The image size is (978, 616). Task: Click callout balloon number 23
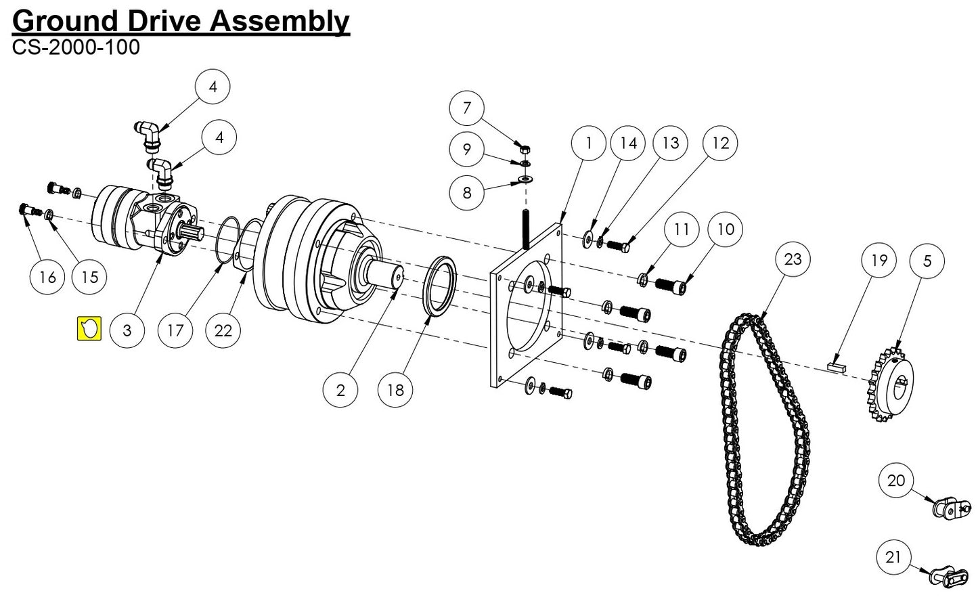[x=793, y=259]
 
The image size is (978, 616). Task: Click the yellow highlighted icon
[x=89, y=328]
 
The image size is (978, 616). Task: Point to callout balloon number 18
[x=395, y=389]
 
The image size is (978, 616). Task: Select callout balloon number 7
[x=466, y=108]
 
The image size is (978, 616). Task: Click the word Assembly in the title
[x=291, y=22]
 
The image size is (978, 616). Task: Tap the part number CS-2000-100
[x=76, y=47]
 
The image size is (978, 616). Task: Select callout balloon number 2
[x=340, y=389]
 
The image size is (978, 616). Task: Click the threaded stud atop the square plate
[x=525, y=231]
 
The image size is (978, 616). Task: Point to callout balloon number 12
[x=721, y=143]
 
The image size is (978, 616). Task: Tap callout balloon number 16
[x=47, y=276]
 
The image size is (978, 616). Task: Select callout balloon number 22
[x=223, y=330]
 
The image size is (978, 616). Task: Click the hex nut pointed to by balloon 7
[x=525, y=149]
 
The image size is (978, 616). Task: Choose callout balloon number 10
[x=725, y=229]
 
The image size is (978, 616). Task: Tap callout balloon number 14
[x=628, y=143]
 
